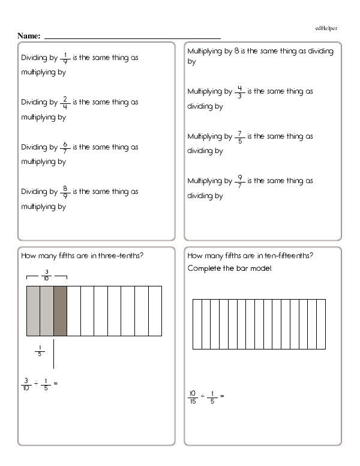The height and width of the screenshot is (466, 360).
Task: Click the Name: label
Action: pos(29,36)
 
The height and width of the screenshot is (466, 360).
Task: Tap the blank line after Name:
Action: pos(132,37)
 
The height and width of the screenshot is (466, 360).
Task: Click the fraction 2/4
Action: pos(65,102)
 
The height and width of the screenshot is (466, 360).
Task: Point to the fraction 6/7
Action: pos(65,147)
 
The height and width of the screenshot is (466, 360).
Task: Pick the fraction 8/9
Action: pos(65,192)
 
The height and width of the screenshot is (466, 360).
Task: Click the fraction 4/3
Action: pos(239,92)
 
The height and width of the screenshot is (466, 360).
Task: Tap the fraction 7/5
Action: pos(239,136)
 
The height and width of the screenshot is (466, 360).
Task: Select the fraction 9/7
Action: pos(239,181)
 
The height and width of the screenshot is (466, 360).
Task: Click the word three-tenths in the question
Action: pos(122,256)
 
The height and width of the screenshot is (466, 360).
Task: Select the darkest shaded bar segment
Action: pos(60,311)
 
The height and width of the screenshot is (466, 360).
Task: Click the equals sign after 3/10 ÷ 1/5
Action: pos(56,383)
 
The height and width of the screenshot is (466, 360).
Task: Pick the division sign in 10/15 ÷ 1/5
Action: pos(204,396)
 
